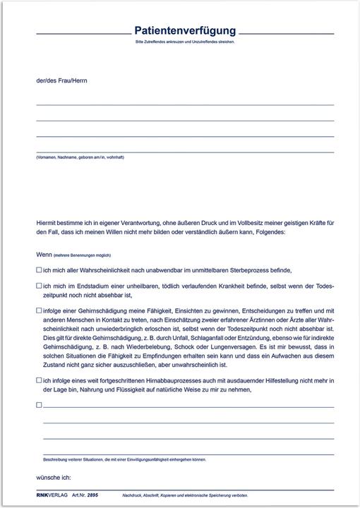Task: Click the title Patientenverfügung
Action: (185, 31)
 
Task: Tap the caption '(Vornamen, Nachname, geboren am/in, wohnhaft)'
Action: (80, 157)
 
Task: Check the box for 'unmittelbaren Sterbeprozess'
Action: (39, 270)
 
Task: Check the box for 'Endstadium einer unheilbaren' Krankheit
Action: (39, 285)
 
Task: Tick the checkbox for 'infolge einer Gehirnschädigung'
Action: (39, 310)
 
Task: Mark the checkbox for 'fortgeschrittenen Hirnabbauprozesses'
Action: (39, 380)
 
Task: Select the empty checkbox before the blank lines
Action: (39, 405)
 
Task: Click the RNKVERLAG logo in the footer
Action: (52, 495)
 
